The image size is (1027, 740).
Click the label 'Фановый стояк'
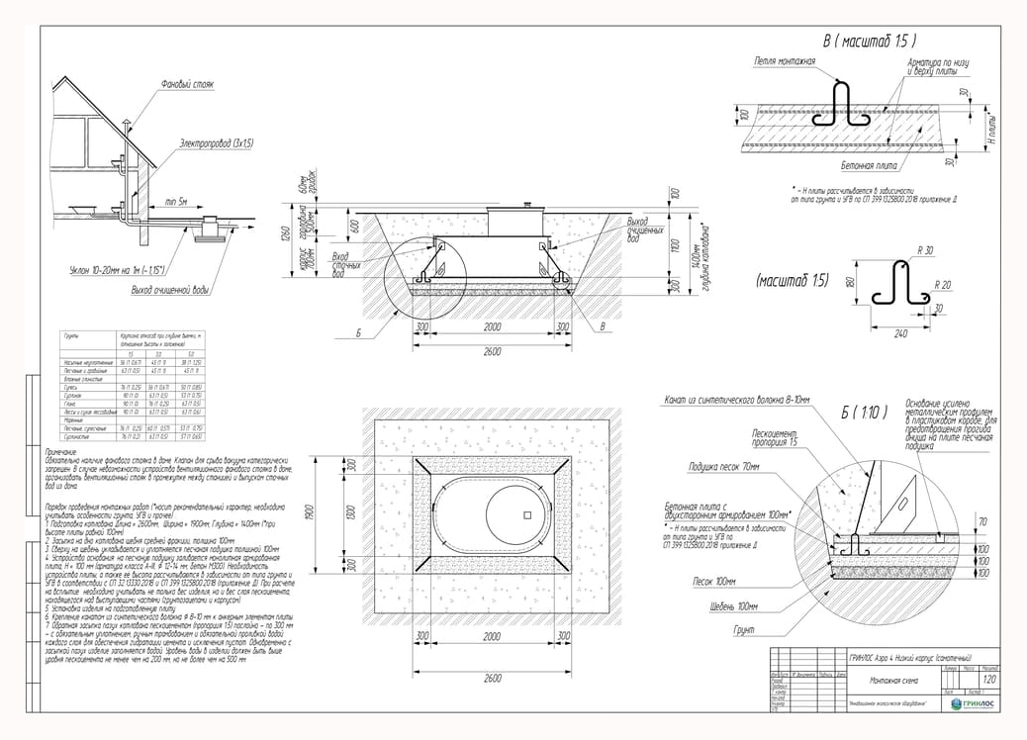tap(187, 84)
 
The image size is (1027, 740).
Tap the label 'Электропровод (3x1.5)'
tap(217, 143)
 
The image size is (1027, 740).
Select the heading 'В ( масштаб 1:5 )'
tap(870, 42)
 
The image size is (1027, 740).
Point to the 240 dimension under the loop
tap(900, 333)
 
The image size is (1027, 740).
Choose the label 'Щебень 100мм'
tap(734, 605)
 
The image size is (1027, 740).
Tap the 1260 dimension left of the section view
tap(283, 233)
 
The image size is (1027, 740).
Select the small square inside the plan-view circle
tap(528, 515)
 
